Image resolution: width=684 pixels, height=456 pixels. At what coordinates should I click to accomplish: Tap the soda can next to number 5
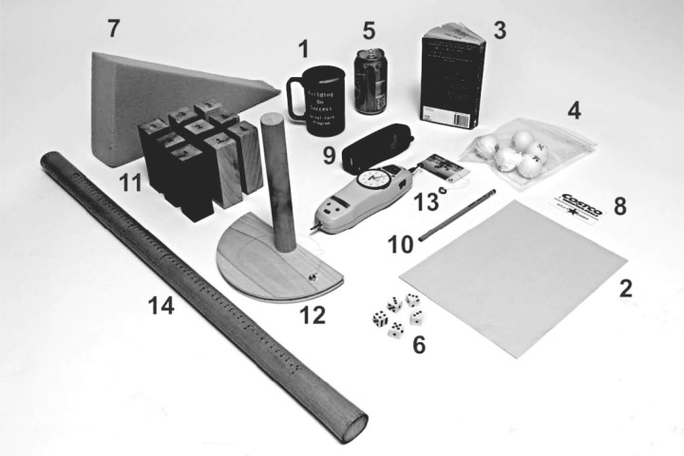point(370,81)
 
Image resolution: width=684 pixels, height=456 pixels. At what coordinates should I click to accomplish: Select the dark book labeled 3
point(452,78)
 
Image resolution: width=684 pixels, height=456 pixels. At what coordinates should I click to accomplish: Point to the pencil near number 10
point(457,214)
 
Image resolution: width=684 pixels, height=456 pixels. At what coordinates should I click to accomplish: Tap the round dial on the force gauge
point(377,180)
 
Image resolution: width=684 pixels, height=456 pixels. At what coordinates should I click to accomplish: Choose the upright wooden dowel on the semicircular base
point(278,190)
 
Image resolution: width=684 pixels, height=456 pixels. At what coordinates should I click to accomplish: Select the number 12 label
point(311,314)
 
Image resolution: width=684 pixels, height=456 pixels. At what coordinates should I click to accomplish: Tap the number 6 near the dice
point(419,344)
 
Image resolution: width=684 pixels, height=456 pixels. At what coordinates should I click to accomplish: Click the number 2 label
point(625,289)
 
